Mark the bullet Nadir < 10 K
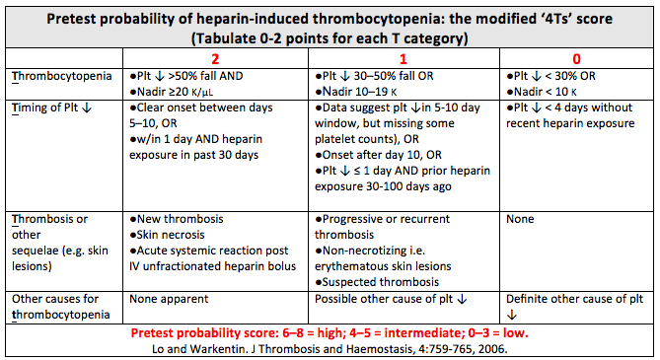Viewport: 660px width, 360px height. point(544,91)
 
